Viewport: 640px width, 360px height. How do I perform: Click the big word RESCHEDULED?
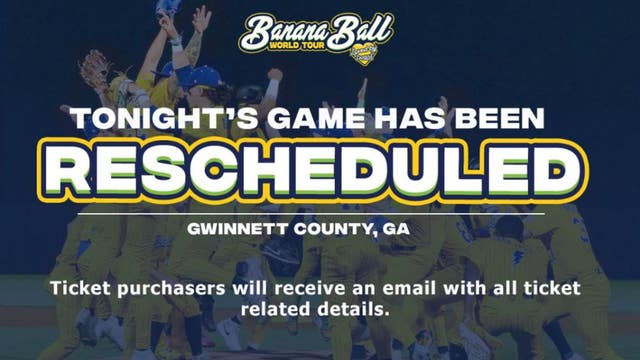click(x=319, y=171)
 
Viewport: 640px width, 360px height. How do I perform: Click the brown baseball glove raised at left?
click(x=94, y=70)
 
